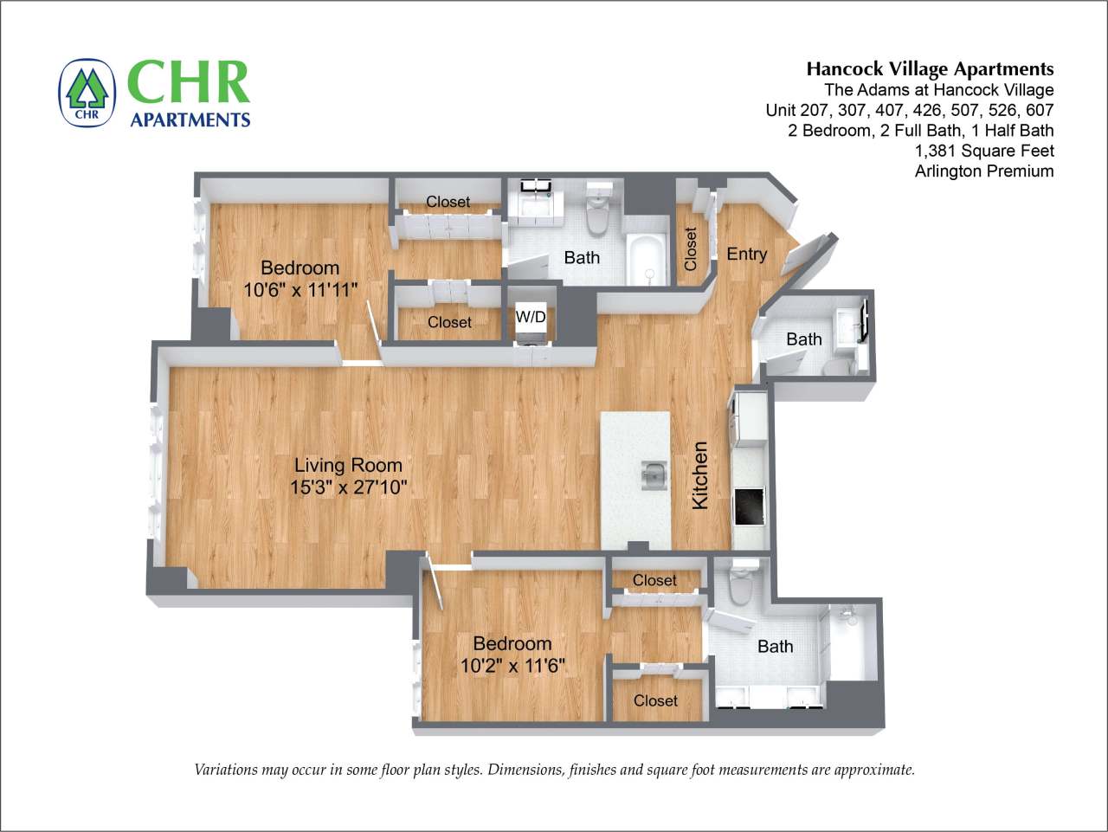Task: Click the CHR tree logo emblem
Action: pyautogui.click(x=87, y=92)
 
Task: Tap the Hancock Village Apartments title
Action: pyautogui.click(x=930, y=69)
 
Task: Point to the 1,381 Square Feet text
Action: pyautogui.click(x=984, y=151)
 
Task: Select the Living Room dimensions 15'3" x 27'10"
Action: pyautogui.click(x=348, y=487)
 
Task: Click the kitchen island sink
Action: pyautogui.click(x=654, y=475)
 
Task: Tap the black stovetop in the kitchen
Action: pyautogui.click(x=749, y=506)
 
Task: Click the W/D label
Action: pyautogui.click(x=531, y=317)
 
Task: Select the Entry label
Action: pyautogui.click(x=746, y=254)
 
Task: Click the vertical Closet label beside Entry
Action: pyautogui.click(x=691, y=248)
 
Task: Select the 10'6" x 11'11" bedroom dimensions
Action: pyautogui.click(x=300, y=290)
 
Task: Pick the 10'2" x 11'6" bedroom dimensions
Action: pyautogui.click(x=512, y=666)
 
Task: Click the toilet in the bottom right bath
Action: pyautogui.click(x=741, y=584)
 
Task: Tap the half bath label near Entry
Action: pyautogui.click(x=803, y=339)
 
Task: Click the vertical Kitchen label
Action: pyautogui.click(x=700, y=475)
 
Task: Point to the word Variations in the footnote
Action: pyautogui.click(x=228, y=770)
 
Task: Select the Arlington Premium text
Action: pyautogui.click(x=983, y=171)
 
